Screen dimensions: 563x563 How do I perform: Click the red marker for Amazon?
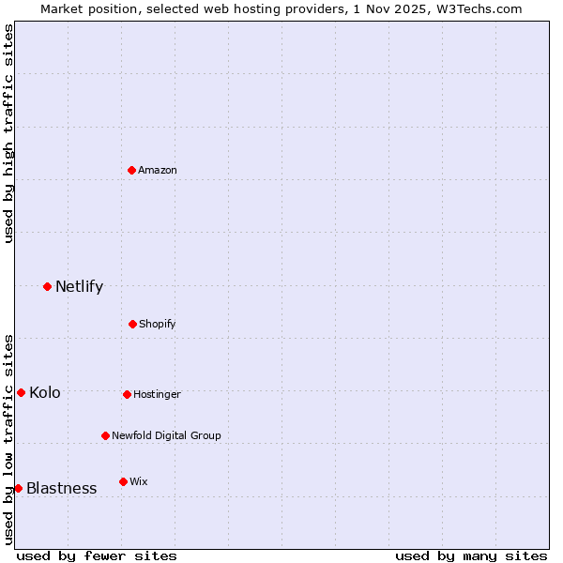[132, 170]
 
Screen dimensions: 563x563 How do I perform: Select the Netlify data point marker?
[47, 286]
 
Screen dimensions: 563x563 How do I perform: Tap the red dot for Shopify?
[132, 324]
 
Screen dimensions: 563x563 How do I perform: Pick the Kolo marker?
[21, 392]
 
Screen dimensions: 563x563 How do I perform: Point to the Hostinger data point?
[127, 394]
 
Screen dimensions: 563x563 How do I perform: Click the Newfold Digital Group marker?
[105, 435]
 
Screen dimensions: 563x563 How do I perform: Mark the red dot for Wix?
[123, 481]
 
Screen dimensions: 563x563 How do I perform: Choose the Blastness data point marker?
[18, 488]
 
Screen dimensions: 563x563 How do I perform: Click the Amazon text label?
[158, 170]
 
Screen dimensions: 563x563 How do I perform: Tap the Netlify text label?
[79, 286]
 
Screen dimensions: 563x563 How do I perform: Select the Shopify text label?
[158, 324]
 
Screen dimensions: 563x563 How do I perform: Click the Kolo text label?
[44, 392]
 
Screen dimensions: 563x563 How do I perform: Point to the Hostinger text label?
[157, 394]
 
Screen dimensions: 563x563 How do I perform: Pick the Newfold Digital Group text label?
[166, 435]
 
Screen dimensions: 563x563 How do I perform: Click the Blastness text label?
[61, 488]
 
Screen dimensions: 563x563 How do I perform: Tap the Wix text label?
[139, 481]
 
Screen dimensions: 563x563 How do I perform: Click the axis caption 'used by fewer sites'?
[97, 555]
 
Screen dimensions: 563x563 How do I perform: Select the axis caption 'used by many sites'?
[471, 555]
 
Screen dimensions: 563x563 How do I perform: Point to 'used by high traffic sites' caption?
[8, 133]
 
